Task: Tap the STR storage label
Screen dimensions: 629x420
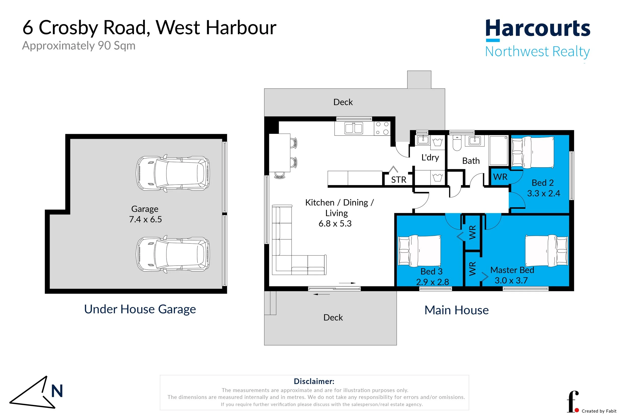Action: tap(399, 180)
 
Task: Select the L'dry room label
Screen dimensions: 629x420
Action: tap(430, 157)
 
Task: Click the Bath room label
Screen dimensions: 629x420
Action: tap(471, 161)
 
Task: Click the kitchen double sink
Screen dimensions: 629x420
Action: tap(353, 128)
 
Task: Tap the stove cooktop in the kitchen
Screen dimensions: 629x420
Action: tap(382, 128)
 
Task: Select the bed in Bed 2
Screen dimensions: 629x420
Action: tap(533, 152)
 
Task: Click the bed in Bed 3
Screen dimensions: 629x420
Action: tap(419, 251)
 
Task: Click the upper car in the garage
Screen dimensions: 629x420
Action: tap(173, 173)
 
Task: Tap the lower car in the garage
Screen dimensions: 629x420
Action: tap(173, 254)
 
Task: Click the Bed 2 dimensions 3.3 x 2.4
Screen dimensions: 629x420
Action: tap(543, 193)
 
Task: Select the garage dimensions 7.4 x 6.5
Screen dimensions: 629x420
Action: tap(145, 219)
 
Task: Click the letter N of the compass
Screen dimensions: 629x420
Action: tap(57, 391)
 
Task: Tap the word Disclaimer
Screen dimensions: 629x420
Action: tap(314, 382)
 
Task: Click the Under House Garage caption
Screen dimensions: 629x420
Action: tap(140, 309)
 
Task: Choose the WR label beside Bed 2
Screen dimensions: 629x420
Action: tap(500, 177)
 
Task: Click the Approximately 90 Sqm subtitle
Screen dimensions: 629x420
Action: tap(79, 46)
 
